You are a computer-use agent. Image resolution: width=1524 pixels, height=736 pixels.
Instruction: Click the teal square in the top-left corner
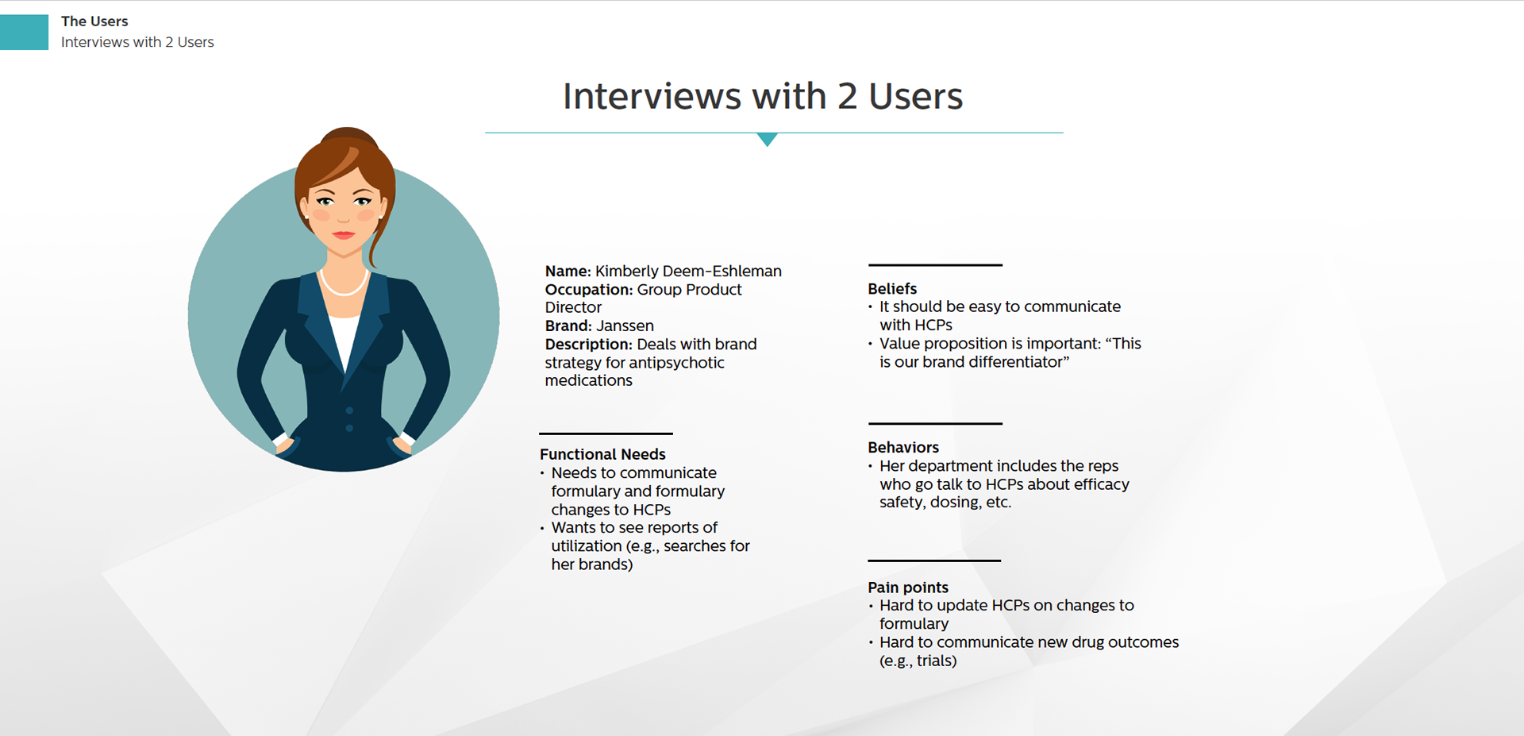pos(24,32)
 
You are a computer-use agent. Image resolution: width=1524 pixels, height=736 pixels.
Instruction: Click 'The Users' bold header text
pos(94,21)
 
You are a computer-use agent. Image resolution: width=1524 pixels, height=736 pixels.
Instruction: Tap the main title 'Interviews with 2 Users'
pos(763,96)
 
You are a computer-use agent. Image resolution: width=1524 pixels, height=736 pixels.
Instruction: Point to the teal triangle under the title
pos(767,140)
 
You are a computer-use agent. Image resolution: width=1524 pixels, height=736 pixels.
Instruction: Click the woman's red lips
pos(344,234)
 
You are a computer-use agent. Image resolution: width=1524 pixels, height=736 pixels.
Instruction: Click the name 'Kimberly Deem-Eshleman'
pos(688,271)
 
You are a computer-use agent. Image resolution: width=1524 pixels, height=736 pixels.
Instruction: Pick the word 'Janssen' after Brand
pos(625,326)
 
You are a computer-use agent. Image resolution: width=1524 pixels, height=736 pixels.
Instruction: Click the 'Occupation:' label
pos(588,290)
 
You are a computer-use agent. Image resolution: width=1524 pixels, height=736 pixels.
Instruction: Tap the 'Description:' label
pos(588,344)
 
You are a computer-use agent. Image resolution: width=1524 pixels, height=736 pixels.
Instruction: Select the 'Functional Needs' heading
pos(602,454)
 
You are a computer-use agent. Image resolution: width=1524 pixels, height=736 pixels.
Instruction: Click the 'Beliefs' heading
pos(892,289)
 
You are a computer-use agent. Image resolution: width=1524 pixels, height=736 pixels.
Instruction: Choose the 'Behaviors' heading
pos(903,447)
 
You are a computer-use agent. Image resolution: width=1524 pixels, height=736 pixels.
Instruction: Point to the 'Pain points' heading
pos(908,588)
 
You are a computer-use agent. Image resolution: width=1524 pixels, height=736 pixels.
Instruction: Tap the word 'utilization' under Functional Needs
pos(587,546)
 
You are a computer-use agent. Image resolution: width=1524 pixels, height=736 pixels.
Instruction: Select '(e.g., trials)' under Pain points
pos(918,661)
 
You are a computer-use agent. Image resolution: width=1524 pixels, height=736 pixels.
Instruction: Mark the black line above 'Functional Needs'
pos(606,434)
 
